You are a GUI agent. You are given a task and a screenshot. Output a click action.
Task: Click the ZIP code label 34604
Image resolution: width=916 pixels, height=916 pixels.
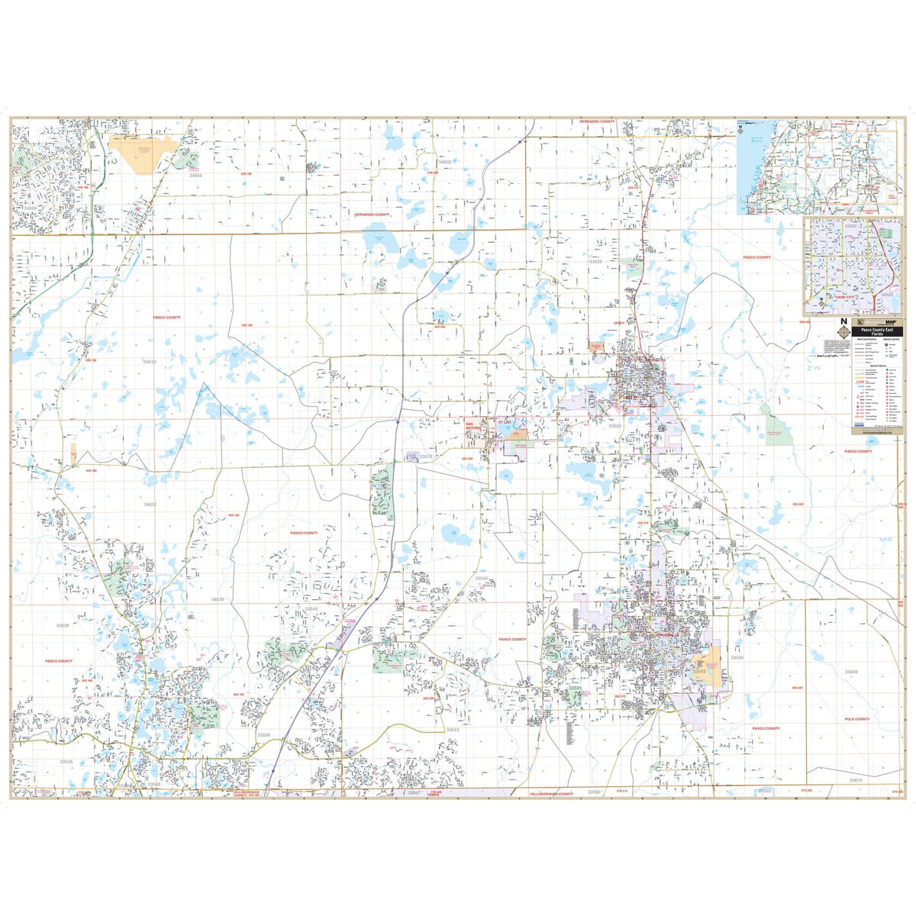coord(197,176)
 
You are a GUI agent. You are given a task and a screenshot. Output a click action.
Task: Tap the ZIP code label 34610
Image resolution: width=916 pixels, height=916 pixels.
coord(149,361)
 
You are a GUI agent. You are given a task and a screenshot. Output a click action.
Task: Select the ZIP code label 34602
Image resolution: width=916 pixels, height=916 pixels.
coord(444,162)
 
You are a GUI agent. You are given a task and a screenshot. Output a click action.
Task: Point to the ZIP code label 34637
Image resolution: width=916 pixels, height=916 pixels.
coord(150,505)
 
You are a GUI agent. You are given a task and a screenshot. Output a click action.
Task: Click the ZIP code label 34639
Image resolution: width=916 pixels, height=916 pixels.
coord(218,600)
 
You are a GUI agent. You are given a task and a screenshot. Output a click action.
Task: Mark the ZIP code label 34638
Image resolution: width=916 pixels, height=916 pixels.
coord(62,625)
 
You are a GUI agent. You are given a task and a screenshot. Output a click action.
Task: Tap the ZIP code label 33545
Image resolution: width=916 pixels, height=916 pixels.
coord(482,579)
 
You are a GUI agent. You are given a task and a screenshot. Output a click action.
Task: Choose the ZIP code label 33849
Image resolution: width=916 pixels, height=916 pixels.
coord(851,671)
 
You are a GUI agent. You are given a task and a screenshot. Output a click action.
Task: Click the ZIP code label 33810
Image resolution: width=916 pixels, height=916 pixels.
coord(855,780)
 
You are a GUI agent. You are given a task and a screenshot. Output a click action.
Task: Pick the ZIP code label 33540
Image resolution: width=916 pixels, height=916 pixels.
coord(737,657)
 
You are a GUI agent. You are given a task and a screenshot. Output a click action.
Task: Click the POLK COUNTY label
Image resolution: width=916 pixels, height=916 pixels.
coord(857,719)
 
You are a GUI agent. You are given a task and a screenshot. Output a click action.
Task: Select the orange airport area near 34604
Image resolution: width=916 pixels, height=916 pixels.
coord(144,151)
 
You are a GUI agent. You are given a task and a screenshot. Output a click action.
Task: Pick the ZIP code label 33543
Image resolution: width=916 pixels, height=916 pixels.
coord(453,730)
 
